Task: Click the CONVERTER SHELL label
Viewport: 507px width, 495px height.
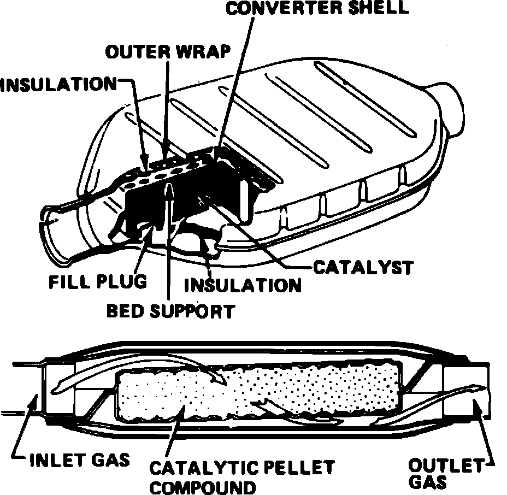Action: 318,9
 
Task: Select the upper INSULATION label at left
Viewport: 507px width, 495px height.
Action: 58,85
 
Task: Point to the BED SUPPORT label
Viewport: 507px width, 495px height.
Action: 170,311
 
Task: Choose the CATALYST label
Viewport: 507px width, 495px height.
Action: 363,268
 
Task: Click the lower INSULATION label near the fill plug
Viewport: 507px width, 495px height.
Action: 243,285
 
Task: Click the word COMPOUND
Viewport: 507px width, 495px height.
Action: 202,487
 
